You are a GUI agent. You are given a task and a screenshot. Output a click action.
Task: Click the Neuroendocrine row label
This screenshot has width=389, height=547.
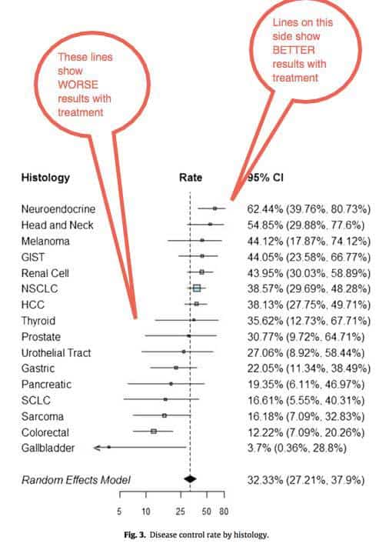pyautogui.click(x=58, y=209)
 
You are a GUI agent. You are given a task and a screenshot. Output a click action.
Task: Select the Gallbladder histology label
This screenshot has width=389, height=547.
pyautogui.click(x=48, y=448)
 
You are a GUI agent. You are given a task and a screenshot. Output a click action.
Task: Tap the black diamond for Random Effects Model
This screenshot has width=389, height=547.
pyautogui.click(x=190, y=479)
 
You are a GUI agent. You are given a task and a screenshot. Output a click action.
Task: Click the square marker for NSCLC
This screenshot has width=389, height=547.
pyautogui.click(x=197, y=288)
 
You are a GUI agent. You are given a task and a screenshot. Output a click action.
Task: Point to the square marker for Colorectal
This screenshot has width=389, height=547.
pyautogui.click(x=154, y=432)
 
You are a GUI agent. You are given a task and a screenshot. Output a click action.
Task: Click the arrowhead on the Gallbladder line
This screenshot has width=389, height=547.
pyautogui.click(x=97, y=448)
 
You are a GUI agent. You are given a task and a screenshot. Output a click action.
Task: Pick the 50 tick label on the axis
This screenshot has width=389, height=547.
pyautogui.click(x=206, y=512)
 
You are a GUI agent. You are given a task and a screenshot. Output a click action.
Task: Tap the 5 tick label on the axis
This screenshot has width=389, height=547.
pyautogui.click(x=119, y=512)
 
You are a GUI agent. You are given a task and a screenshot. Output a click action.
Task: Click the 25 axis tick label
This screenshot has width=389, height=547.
pyautogui.click(x=180, y=512)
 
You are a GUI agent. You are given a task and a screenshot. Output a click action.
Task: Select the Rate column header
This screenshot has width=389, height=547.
pyautogui.click(x=191, y=178)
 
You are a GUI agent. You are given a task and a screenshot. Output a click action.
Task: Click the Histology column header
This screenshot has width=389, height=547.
pyautogui.click(x=45, y=178)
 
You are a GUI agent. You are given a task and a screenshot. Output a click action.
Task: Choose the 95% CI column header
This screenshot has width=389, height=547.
pyautogui.click(x=265, y=178)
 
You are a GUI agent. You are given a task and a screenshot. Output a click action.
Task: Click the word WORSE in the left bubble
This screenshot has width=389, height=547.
pyautogui.click(x=78, y=85)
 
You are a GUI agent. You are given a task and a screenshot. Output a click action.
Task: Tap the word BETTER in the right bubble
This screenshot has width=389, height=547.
pyautogui.click(x=294, y=50)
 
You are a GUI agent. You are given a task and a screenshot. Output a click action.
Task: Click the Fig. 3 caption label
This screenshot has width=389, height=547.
pyautogui.click(x=135, y=535)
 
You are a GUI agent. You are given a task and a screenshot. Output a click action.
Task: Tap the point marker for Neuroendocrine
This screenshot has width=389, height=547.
pyautogui.click(x=214, y=208)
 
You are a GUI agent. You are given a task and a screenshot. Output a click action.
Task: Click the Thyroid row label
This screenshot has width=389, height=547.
pyautogui.click(x=38, y=321)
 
